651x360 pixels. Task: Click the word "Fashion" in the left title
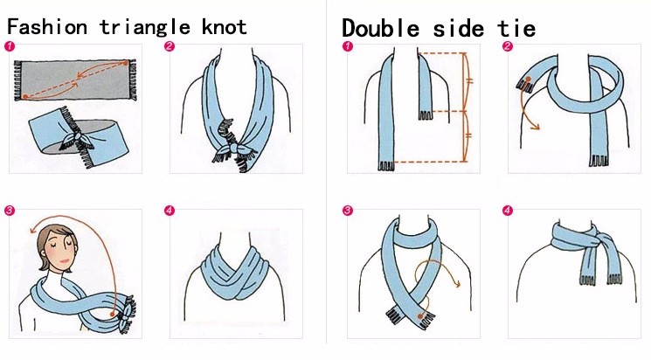coord(47,27)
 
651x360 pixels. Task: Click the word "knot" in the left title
coord(225,27)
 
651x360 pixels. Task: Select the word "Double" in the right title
coord(380,29)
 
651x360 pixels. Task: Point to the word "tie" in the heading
coord(516,29)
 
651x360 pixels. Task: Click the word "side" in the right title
coord(459,29)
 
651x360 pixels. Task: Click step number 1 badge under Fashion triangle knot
coord(9,46)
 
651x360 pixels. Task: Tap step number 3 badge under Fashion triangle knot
coord(9,211)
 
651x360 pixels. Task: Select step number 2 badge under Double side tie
coord(508,45)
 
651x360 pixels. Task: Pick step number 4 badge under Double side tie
coord(508,211)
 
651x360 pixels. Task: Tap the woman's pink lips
coord(65,261)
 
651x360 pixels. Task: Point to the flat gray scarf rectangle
coord(75,80)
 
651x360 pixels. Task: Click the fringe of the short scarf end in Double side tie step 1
coord(426,115)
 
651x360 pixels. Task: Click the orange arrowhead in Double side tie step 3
coord(457,284)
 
